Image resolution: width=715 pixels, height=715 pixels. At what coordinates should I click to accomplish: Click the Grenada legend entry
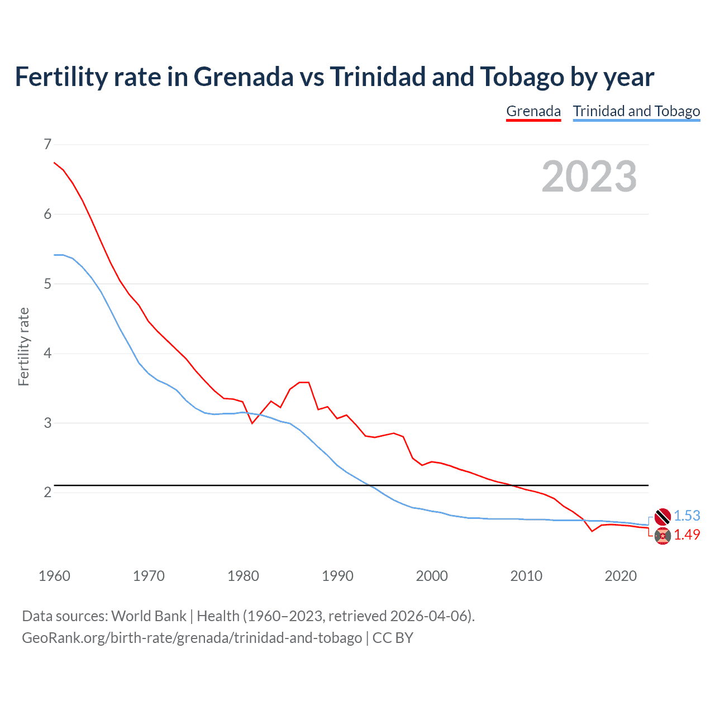point(533,111)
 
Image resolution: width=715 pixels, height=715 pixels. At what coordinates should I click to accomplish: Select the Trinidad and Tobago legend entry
point(636,111)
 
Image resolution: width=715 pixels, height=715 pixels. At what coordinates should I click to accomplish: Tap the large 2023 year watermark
point(589,177)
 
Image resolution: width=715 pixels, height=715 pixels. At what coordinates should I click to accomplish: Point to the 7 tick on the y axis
point(47,145)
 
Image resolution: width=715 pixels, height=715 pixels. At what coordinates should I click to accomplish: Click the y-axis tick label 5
point(47,284)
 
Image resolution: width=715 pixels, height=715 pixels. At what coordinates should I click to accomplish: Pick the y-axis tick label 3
point(47,423)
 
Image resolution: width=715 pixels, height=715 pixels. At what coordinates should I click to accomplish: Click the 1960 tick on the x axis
point(54,576)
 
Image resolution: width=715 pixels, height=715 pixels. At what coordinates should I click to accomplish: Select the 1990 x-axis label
point(337,576)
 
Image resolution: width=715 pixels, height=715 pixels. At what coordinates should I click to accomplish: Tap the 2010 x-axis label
point(526,576)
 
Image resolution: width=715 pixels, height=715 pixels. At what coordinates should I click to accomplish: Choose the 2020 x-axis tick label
point(621,576)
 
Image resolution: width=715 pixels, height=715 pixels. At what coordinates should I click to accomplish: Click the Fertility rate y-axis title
point(23,346)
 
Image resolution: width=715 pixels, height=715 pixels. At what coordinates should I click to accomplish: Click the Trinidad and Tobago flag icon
point(662,517)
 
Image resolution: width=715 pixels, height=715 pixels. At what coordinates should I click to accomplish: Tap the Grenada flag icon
point(662,536)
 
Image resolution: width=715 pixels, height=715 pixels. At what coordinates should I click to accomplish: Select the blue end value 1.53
point(687,516)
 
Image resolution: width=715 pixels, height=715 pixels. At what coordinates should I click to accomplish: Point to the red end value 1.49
point(687,535)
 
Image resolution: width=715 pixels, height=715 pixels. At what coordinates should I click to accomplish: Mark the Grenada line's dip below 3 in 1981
point(252,423)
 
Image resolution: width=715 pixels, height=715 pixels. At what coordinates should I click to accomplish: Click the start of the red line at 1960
point(54,163)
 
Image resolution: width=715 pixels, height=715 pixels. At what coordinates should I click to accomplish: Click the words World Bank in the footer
point(149,616)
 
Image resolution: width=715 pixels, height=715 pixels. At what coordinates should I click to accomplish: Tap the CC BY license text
point(393,638)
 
